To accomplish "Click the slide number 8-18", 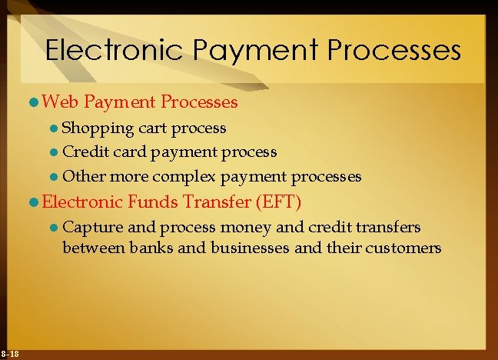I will [x=11, y=353].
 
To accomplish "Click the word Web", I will [x=61, y=102].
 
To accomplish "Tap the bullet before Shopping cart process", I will [x=54, y=128].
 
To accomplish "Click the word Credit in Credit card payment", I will [x=85, y=152].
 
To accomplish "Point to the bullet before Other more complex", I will [x=54, y=177].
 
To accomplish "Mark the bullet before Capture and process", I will [x=54, y=228].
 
